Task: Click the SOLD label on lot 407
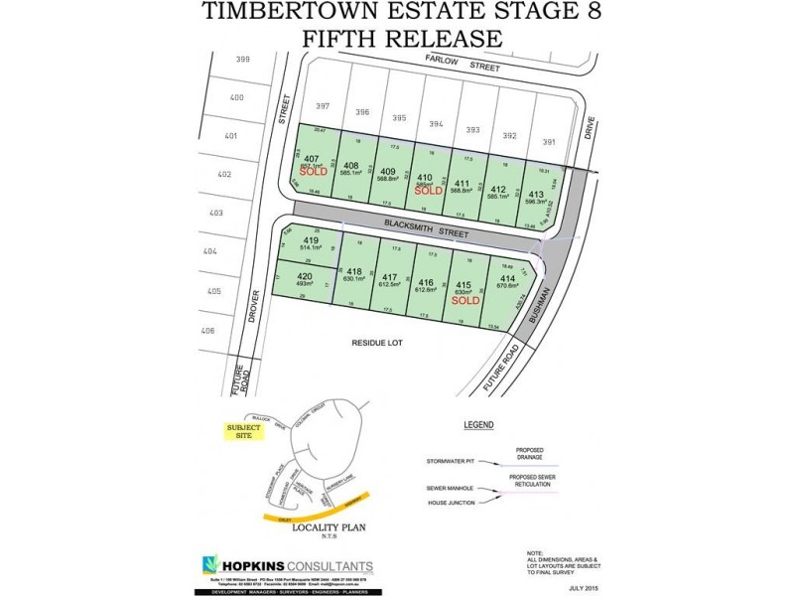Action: (313, 171)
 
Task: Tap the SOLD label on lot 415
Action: (465, 299)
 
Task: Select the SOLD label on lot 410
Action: (428, 191)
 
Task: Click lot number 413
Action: (535, 193)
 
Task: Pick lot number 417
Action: (390, 277)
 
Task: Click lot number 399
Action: (243, 60)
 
